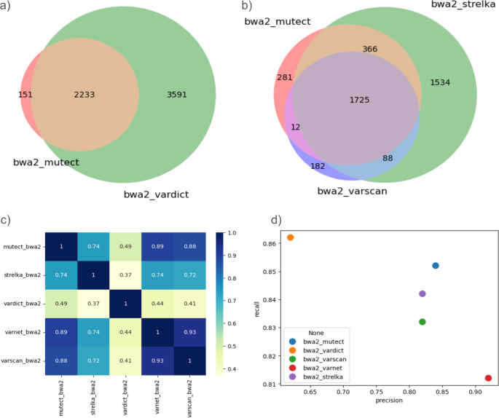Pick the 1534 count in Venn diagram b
[440, 82]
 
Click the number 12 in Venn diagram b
[295, 126]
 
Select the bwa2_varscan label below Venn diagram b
[351, 191]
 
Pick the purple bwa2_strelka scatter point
[423, 293]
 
